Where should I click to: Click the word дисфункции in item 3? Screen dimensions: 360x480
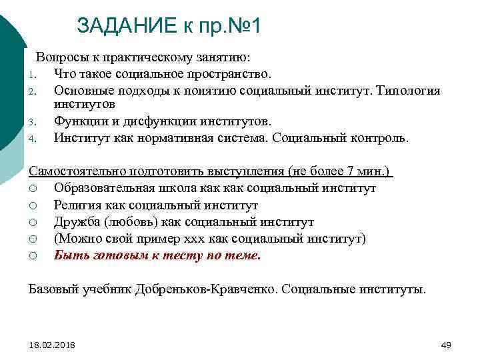coord(150,122)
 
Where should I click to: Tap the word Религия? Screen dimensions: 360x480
coord(78,205)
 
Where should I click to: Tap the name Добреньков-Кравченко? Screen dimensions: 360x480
coord(203,290)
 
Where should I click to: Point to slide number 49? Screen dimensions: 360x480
coord(446,345)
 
